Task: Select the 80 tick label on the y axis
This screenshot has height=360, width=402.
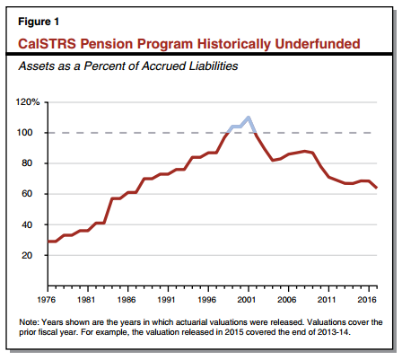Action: pyautogui.click(x=26, y=163)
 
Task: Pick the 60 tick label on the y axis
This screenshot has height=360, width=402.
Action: pyautogui.click(x=26, y=194)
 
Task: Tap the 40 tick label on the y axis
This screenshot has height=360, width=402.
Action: pyautogui.click(x=26, y=224)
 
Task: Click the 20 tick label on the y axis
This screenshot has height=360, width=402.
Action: pyautogui.click(x=26, y=255)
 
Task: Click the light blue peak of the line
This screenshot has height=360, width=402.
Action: pyautogui.click(x=249, y=118)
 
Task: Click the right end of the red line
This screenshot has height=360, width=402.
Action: pyautogui.click(x=376, y=188)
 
